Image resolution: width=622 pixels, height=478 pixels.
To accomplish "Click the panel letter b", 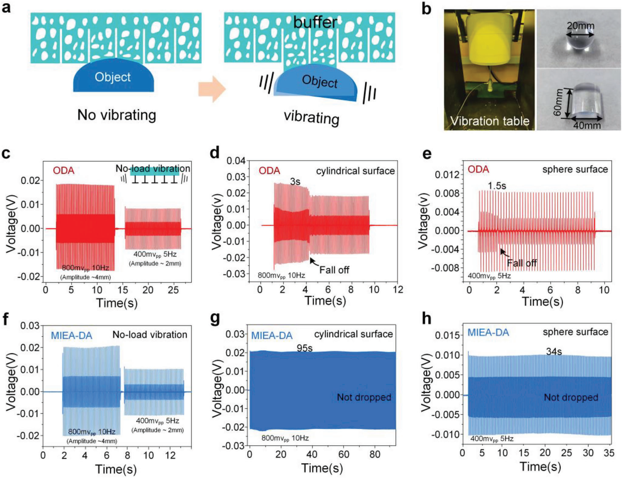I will (x=427, y=9).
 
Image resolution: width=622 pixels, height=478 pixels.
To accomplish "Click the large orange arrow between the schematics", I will (x=212, y=89).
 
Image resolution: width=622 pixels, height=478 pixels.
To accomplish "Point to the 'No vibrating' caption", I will (x=117, y=115).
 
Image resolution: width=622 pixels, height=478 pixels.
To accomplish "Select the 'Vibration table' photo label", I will (x=489, y=121).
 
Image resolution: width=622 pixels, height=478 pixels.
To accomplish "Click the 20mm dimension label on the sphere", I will (x=580, y=26).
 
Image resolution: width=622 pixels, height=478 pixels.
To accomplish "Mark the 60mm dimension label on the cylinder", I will (x=558, y=102).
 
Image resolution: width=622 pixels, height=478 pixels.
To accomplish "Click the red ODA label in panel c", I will (x=63, y=171).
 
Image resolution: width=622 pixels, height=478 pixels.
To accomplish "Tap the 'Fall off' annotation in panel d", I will (x=334, y=270).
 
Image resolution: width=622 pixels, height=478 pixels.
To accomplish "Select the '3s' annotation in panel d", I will (x=295, y=182).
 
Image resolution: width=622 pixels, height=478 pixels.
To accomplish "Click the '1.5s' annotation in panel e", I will (x=497, y=186).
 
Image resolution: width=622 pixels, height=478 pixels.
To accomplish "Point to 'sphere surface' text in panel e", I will (x=575, y=169).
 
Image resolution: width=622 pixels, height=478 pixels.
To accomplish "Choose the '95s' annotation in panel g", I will (x=304, y=348).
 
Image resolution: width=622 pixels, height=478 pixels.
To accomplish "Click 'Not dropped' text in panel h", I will (x=571, y=397).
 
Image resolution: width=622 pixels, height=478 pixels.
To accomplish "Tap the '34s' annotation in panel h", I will (x=554, y=352).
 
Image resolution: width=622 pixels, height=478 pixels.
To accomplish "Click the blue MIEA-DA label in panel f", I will (x=72, y=336).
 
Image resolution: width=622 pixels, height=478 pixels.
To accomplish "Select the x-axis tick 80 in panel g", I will (x=375, y=454).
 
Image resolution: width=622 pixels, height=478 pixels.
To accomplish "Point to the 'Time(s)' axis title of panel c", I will (x=117, y=303).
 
